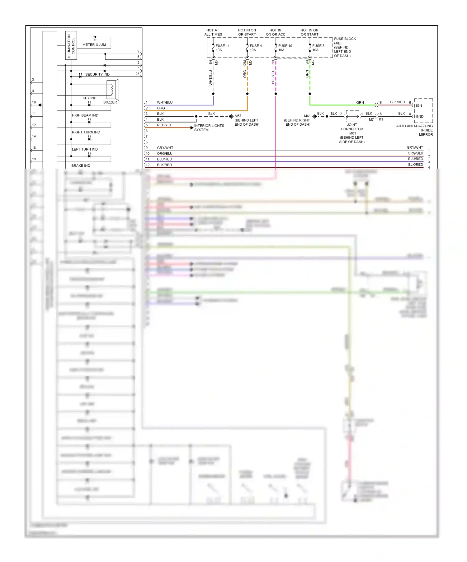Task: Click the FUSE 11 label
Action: tap(222, 46)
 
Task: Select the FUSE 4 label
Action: tap(256, 46)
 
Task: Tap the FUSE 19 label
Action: tap(285, 46)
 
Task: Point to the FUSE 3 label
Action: tap(318, 46)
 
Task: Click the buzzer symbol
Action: tap(112, 89)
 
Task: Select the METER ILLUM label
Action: tap(94, 45)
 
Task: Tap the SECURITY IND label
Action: tap(97, 74)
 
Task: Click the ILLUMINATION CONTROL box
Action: tap(71, 45)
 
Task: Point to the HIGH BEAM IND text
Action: tap(85, 115)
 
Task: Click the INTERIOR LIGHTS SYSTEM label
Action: tap(209, 128)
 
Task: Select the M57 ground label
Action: tap(238, 116)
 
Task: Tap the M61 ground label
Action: tap(307, 116)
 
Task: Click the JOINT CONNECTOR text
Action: tap(352, 127)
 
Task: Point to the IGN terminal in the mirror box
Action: tap(419, 106)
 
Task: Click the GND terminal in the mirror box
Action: tap(419, 117)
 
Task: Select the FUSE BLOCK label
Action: tap(345, 39)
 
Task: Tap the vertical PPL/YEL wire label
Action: tap(273, 77)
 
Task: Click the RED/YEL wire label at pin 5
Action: tap(164, 125)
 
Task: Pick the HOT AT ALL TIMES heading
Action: tap(213, 32)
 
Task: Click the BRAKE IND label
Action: tap(81, 166)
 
